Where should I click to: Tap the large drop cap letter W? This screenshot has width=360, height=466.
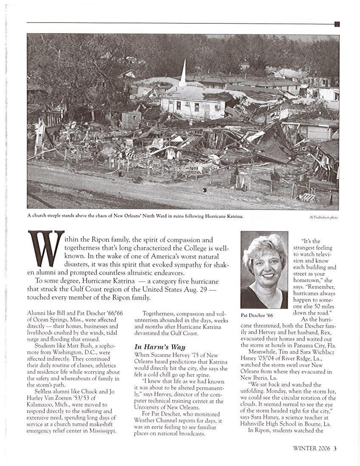pos(46,249)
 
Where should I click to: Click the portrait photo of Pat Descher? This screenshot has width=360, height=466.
pos(264,270)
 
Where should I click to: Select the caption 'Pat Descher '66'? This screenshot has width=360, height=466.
pos(257,316)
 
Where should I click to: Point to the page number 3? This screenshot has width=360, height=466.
pos(335,448)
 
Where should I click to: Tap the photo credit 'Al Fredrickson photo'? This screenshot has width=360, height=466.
pos(324,217)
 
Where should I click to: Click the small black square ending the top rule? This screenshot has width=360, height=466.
pos(337,24)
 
